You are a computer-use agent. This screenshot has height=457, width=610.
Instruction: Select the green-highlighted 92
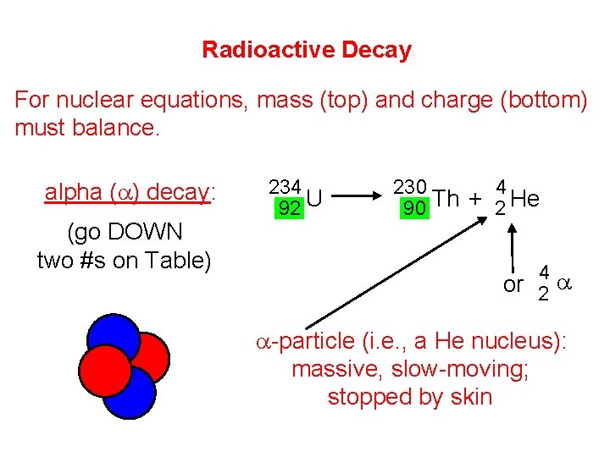point(290,208)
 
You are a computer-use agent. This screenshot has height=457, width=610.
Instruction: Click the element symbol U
point(313,199)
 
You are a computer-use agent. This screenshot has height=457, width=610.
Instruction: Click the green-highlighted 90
point(413,208)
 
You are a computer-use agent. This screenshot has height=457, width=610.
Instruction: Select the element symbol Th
point(446,199)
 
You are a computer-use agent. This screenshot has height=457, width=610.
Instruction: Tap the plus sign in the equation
point(476,200)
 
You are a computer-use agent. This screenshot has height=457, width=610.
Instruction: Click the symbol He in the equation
point(525,199)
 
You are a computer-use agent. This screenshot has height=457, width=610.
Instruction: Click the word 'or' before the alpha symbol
point(513,285)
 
